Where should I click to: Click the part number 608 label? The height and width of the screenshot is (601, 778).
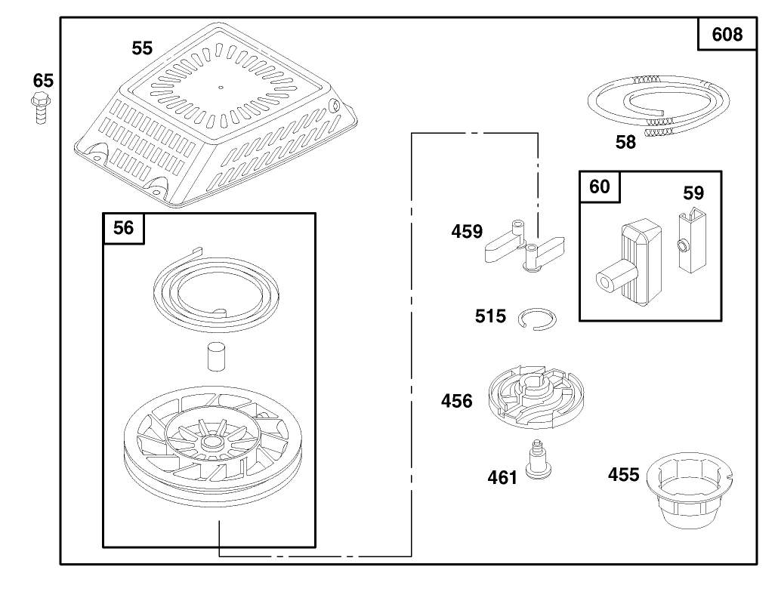click(x=727, y=34)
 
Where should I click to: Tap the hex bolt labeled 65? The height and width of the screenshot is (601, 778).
click(x=40, y=108)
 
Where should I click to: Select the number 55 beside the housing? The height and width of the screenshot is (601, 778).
click(x=142, y=48)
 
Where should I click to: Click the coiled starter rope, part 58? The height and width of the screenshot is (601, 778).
click(x=659, y=105)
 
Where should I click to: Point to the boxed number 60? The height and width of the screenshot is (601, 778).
click(x=600, y=186)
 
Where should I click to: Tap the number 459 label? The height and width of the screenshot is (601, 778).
click(x=466, y=231)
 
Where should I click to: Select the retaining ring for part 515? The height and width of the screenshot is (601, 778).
click(x=537, y=319)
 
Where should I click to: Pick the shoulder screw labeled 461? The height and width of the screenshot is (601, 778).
click(x=538, y=459)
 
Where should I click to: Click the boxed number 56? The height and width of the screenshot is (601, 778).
click(x=123, y=227)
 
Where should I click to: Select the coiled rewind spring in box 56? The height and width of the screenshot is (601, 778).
click(x=215, y=290)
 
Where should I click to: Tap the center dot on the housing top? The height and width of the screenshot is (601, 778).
click(x=221, y=88)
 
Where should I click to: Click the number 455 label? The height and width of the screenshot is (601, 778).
click(x=624, y=475)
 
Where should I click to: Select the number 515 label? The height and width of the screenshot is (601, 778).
click(x=490, y=316)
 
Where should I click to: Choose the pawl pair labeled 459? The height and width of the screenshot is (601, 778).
click(x=524, y=245)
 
